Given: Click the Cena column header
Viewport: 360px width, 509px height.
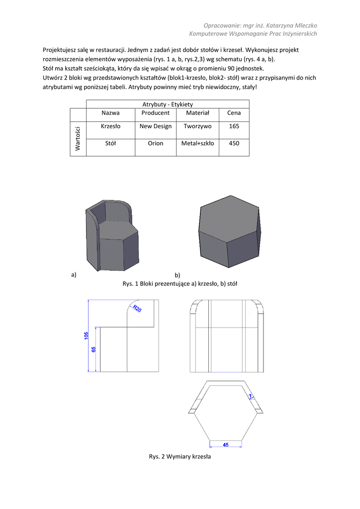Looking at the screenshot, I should point(234,113).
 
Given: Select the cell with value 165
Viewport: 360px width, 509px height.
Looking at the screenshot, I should point(234,126).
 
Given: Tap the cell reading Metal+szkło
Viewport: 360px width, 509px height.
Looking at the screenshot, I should point(197,143).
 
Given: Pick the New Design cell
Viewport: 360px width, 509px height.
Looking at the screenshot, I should point(156,126).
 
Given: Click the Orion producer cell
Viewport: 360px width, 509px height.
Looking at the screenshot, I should point(156,143).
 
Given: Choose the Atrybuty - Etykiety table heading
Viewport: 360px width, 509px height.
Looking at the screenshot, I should point(168,104).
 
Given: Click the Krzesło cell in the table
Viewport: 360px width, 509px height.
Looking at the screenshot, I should point(110,126).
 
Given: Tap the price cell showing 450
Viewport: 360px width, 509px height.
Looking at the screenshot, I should point(234,143).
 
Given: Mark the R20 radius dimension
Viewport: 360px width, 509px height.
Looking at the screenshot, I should point(137,309).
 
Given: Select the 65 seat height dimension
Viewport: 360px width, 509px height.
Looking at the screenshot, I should point(93,349).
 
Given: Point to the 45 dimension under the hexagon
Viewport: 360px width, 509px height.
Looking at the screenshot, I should point(226,445).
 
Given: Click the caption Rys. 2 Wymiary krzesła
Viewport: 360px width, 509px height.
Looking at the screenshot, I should point(180,456).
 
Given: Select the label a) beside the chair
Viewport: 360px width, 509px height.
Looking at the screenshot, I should point(74,274).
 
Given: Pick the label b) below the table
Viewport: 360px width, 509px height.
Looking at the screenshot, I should point(178,275).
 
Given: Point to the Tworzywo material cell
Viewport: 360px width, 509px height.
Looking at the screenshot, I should point(197,126).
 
